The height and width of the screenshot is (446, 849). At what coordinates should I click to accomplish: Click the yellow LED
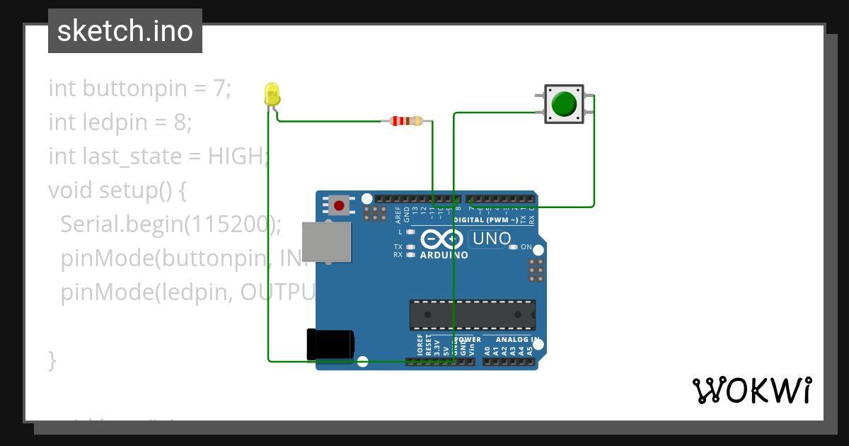272,94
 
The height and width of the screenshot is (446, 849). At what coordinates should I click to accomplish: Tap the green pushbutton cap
564,103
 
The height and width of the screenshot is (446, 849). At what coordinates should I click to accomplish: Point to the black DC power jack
330,345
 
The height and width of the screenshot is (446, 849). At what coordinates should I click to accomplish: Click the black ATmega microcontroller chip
472,314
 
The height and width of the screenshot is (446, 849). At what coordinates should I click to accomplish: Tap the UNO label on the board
492,239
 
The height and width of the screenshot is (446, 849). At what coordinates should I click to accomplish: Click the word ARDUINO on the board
444,255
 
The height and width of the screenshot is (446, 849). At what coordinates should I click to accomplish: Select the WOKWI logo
751,390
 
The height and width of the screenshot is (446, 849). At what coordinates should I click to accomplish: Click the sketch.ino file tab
125,31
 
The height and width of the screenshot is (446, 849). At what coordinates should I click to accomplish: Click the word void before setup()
71,190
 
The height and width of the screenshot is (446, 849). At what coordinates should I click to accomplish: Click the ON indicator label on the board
526,247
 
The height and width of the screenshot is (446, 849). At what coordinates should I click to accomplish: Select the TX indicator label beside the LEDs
398,246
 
